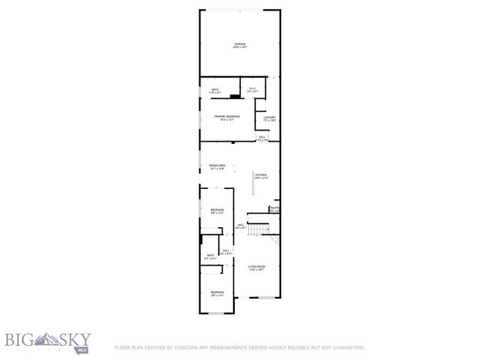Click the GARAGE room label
(x=239, y=44)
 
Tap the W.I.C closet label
(x=252, y=90)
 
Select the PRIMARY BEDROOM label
(x=226, y=116)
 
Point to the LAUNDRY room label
(x=269, y=117)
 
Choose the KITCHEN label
(x=260, y=175)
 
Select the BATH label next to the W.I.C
(x=215, y=90)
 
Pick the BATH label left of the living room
(x=211, y=256)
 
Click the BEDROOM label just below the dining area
(x=217, y=209)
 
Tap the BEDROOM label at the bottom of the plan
(x=217, y=292)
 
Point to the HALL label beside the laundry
(x=262, y=136)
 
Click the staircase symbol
(x=259, y=229)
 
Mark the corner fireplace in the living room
(x=274, y=240)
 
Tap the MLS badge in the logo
(x=82, y=349)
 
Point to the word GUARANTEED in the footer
(x=346, y=347)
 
